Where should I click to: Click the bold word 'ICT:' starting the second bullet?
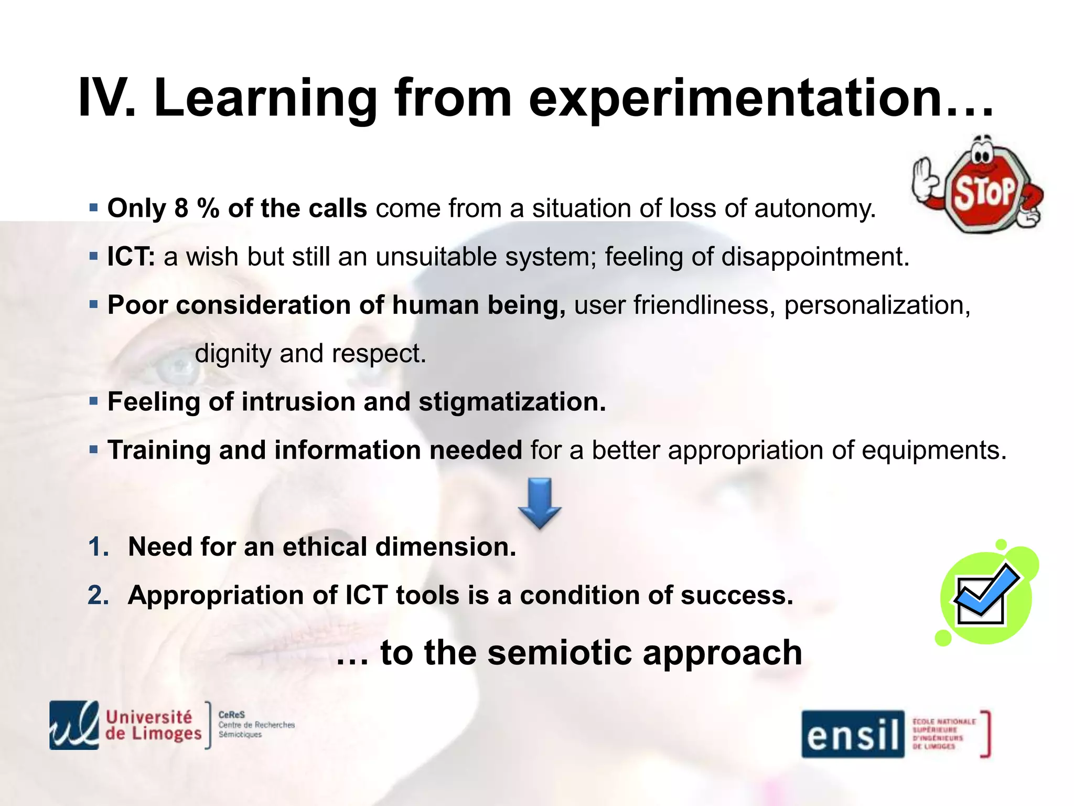(x=131, y=257)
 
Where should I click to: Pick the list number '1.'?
(x=99, y=547)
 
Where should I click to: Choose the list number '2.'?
(x=99, y=595)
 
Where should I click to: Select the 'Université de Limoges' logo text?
(x=153, y=725)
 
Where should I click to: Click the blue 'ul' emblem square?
(x=74, y=725)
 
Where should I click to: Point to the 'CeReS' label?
(x=231, y=715)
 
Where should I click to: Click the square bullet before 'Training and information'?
(x=94, y=450)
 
